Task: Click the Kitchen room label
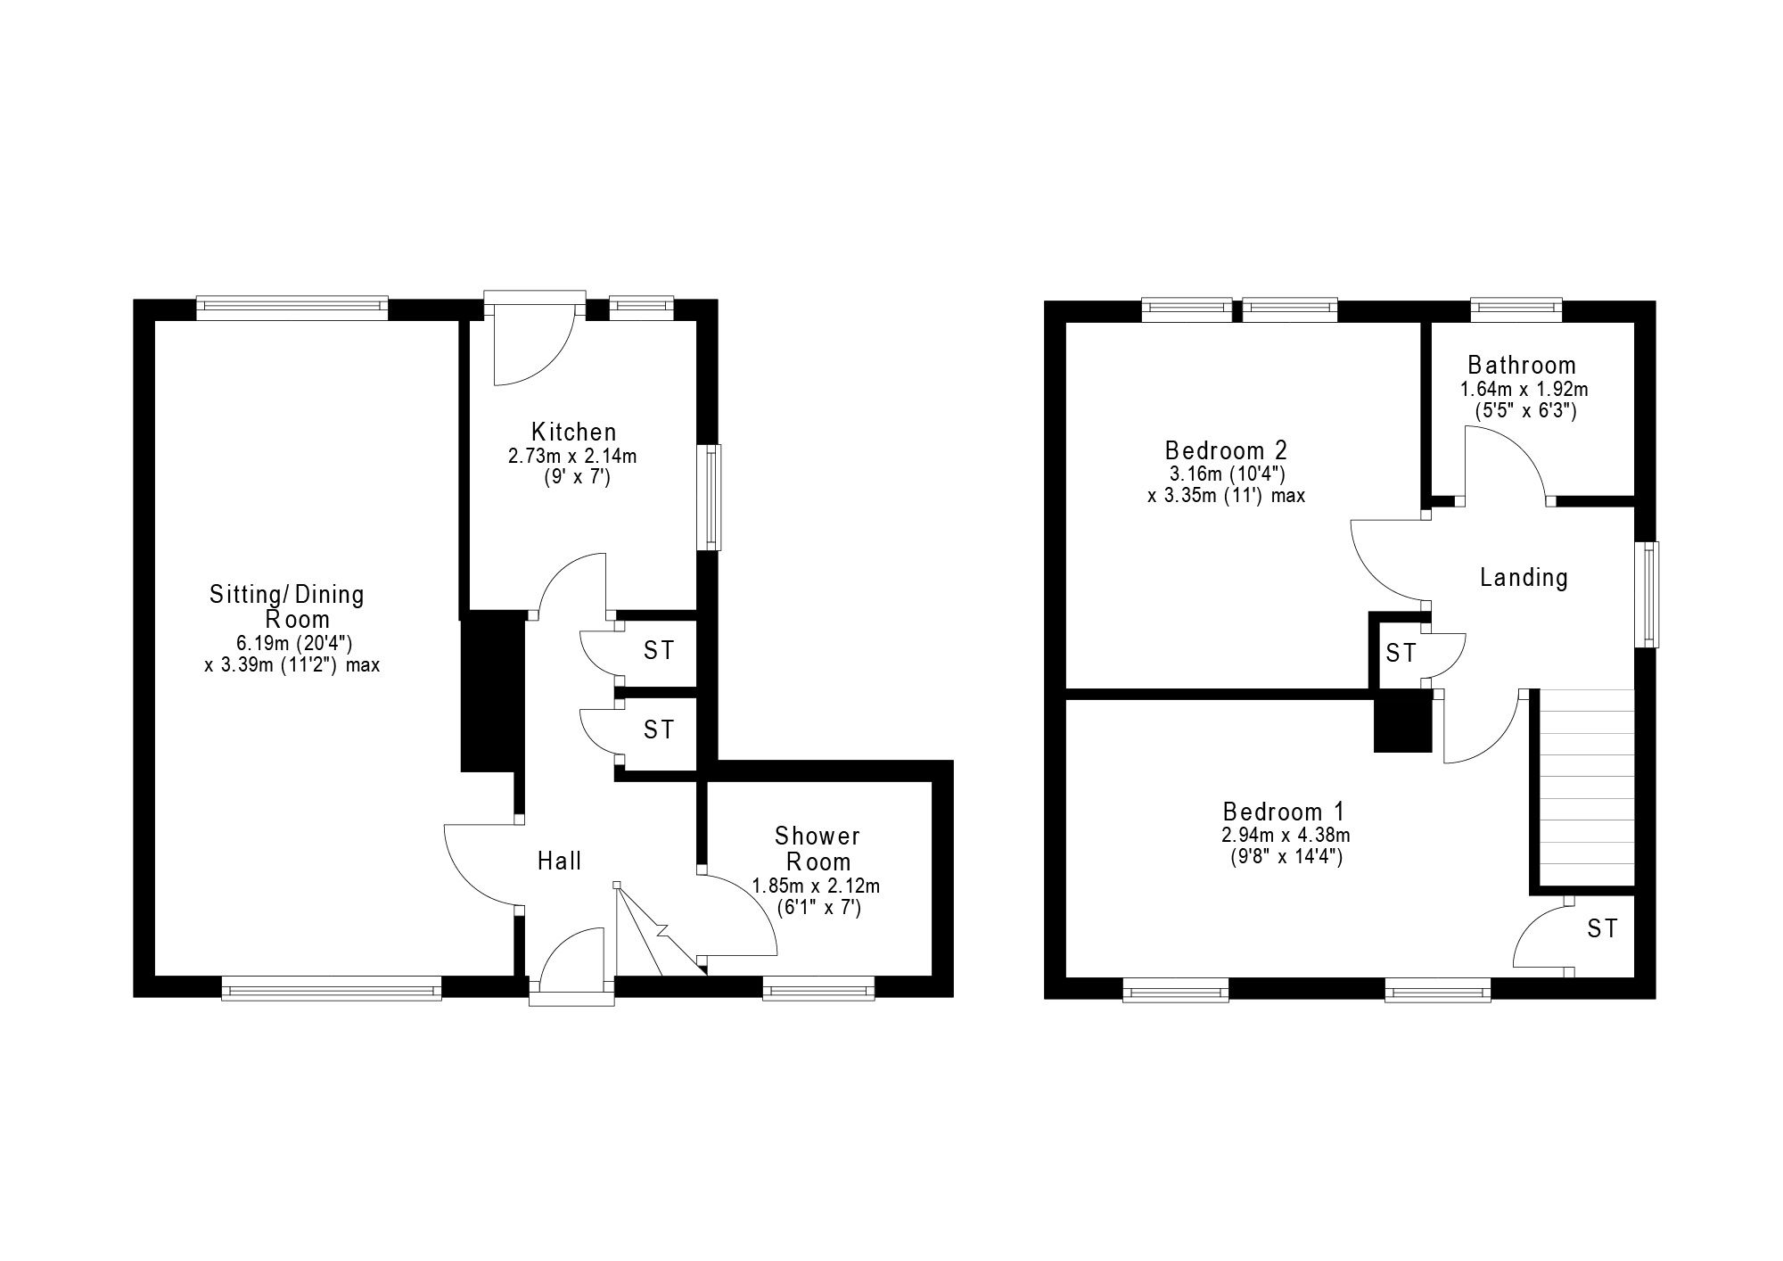click(573, 433)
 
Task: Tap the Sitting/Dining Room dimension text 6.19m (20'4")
click(294, 643)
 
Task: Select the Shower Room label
click(817, 849)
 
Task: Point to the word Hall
click(559, 861)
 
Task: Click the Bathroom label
click(1522, 366)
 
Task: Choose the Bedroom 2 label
click(1226, 449)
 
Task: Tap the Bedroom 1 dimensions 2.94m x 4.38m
click(1284, 836)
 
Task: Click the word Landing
click(1524, 578)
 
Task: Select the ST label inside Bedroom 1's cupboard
click(1601, 929)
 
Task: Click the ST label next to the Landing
click(1401, 654)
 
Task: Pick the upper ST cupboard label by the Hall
click(659, 651)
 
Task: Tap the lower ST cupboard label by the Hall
click(659, 730)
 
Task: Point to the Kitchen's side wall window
click(711, 497)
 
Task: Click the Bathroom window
click(1516, 309)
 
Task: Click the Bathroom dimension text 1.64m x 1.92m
click(1524, 390)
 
